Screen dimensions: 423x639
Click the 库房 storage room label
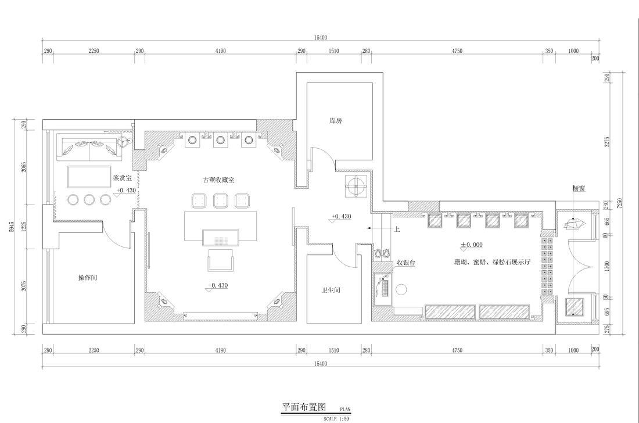coord(335,121)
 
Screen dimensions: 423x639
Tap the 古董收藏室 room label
coord(218,180)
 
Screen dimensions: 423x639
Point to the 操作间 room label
coord(87,278)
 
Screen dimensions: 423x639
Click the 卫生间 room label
coord(331,290)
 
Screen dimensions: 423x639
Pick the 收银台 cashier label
coord(406,263)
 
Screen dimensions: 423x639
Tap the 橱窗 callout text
coord(577,188)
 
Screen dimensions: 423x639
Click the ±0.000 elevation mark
coord(472,245)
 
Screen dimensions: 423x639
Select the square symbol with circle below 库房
coord(356,186)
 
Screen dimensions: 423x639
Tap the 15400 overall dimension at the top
coord(321,37)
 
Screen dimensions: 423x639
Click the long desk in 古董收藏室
coord(221,225)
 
